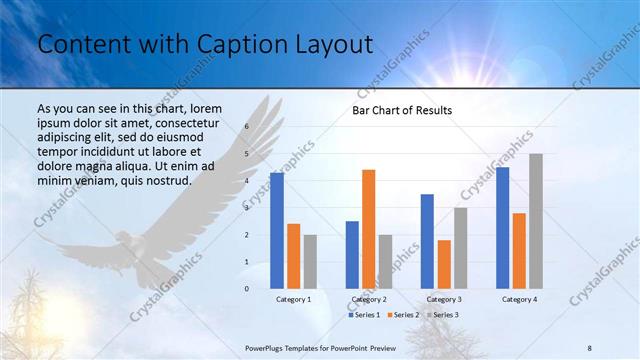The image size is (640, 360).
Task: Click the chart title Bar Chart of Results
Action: click(402, 110)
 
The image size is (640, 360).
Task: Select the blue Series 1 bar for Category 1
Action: click(277, 231)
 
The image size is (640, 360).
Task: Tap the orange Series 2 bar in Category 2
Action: click(368, 229)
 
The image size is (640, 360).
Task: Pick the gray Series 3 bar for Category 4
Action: click(535, 221)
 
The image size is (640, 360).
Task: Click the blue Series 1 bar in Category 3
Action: click(427, 241)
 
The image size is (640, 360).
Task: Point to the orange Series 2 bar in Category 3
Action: click(444, 264)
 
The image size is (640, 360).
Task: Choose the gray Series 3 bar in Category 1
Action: click(310, 261)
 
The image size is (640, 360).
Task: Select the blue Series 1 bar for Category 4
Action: click(502, 228)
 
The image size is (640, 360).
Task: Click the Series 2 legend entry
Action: click(404, 315)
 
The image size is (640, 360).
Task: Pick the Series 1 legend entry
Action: click(365, 315)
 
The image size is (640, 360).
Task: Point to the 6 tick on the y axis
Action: click(247, 127)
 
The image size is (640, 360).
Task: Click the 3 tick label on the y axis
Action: click(247, 208)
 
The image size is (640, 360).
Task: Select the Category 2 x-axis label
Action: click(368, 299)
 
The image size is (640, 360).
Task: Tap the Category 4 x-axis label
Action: click(518, 299)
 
